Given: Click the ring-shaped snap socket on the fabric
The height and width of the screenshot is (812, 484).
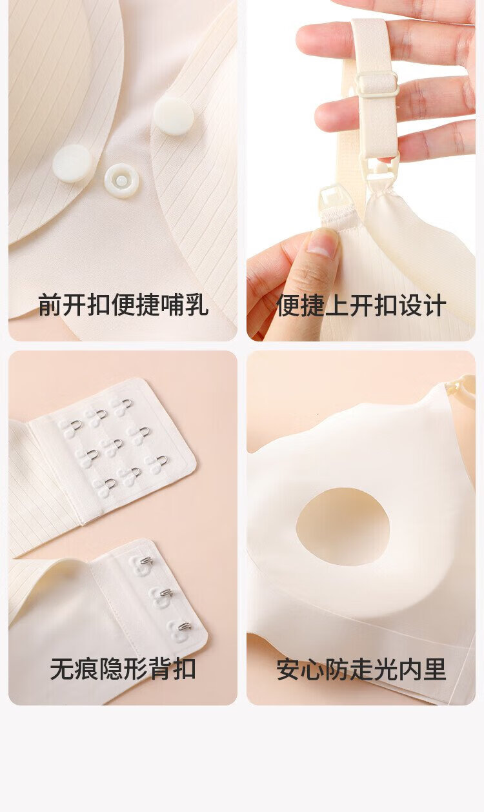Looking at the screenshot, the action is point(121,181).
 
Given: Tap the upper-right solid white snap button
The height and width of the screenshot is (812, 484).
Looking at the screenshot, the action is point(174,116).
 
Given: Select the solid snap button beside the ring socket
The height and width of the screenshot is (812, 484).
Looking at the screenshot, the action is point(72,163).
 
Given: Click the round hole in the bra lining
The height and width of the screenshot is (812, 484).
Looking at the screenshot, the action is point(343,527).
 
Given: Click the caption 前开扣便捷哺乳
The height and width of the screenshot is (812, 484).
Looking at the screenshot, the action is point(123,305).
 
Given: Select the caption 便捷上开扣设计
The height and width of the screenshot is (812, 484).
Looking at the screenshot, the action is point(361,305).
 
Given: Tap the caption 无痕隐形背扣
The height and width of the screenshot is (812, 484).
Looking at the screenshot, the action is point(123,669).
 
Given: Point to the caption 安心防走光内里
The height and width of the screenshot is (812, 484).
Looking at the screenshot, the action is point(361,669).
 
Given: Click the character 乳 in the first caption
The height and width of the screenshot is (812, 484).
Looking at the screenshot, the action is point(197,305).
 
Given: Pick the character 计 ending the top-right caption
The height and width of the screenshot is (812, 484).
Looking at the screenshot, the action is point(434,305).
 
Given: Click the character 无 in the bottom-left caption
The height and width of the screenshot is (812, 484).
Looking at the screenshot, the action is point(62,669).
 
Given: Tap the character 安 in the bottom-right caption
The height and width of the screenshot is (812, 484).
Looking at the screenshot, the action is point(288,669).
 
